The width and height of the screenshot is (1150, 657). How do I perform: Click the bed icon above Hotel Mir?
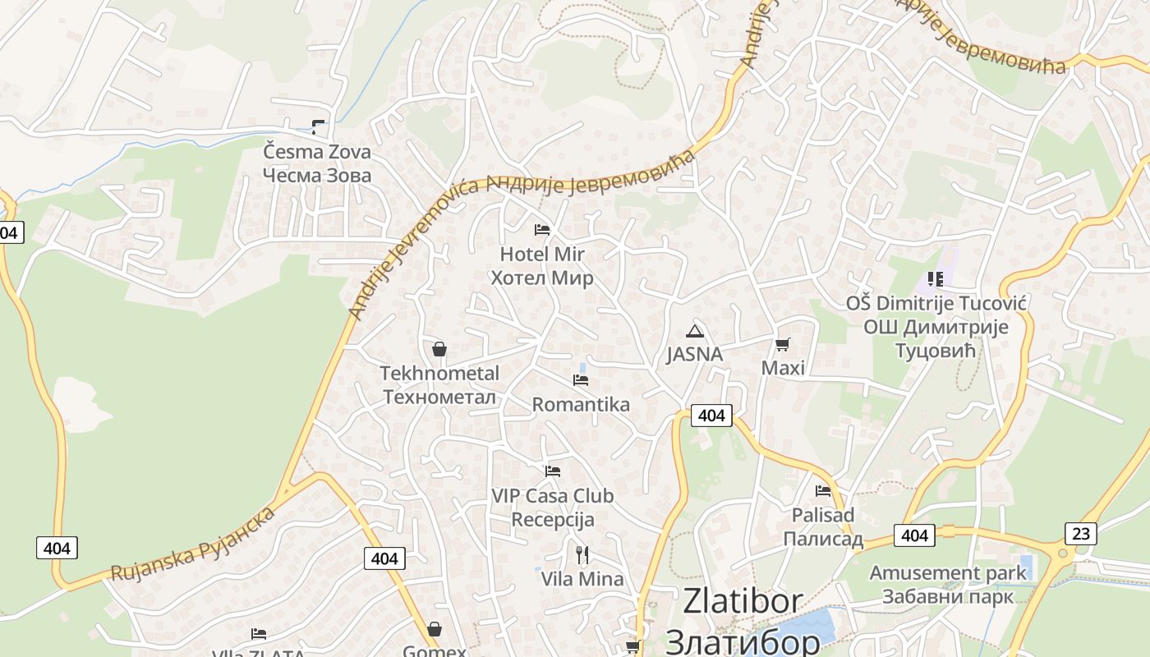click(x=542, y=229)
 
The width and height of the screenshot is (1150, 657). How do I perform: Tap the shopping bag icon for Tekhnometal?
click(x=439, y=349)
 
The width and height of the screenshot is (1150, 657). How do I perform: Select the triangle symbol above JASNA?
click(x=695, y=331)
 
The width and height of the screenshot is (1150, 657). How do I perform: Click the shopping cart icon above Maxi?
click(x=783, y=344)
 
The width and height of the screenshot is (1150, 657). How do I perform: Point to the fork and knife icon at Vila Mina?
click(x=582, y=555)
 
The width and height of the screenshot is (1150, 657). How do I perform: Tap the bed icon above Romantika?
click(x=581, y=380)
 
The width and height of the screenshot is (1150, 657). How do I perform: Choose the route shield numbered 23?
click(x=1081, y=534)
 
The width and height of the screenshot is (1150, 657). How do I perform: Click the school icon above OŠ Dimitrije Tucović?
click(x=935, y=279)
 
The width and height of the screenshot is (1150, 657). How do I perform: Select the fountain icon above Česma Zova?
click(x=317, y=127)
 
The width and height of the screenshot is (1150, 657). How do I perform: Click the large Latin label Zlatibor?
click(x=743, y=602)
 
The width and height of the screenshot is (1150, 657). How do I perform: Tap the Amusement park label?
click(x=949, y=572)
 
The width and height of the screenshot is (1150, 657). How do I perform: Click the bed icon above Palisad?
click(x=823, y=491)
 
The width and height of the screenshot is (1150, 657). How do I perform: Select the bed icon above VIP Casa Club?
click(x=553, y=471)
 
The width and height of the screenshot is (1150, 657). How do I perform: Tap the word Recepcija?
click(x=553, y=520)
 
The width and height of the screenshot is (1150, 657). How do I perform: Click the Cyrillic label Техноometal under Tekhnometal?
click(x=439, y=397)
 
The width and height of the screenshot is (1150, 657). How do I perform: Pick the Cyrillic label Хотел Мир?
click(x=542, y=278)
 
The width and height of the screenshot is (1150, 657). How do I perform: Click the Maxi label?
click(x=783, y=368)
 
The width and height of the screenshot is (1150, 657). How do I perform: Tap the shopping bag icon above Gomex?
click(x=435, y=629)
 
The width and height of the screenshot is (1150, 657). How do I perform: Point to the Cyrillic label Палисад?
click(x=823, y=540)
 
